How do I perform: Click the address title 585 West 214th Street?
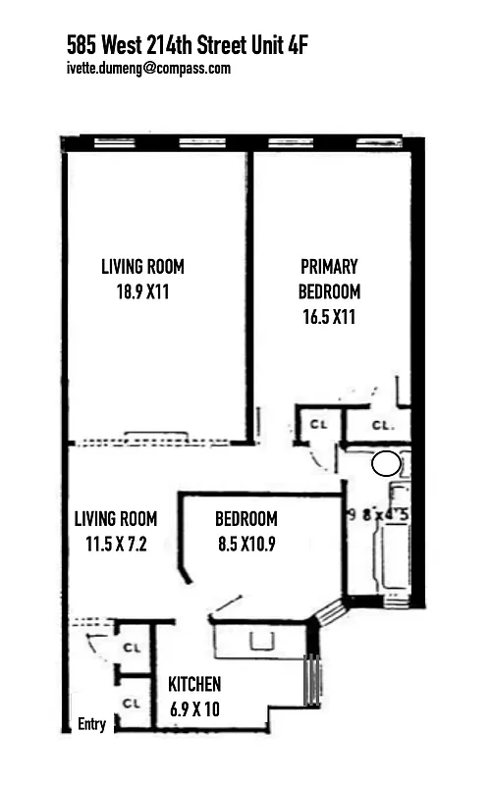(187, 44)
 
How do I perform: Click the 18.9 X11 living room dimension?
(142, 291)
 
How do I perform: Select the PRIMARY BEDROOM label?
(329, 279)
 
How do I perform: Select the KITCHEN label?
(194, 684)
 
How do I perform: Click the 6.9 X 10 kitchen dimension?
(194, 708)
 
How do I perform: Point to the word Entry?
(91, 725)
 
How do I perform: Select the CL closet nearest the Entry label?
(131, 703)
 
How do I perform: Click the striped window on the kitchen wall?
(312, 676)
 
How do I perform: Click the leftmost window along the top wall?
(114, 142)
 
